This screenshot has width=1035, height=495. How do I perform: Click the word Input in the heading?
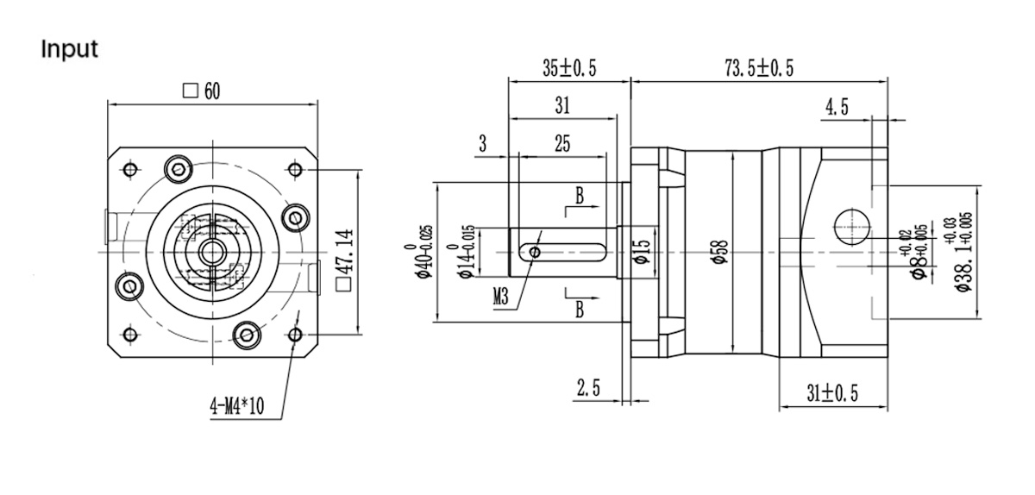point(70,49)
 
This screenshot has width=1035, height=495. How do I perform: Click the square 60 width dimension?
point(204,91)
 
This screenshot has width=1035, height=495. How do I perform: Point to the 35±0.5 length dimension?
point(569,70)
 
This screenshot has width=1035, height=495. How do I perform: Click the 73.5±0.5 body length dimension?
point(759,70)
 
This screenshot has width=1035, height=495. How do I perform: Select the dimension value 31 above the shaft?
point(561,106)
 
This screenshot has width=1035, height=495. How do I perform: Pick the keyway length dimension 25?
point(561,144)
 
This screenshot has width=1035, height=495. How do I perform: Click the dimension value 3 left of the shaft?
point(483,144)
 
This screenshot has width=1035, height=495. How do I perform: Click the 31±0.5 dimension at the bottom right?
point(832,394)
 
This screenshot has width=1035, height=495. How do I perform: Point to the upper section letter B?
point(580,197)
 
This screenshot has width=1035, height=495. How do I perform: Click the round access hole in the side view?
point(851,226)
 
